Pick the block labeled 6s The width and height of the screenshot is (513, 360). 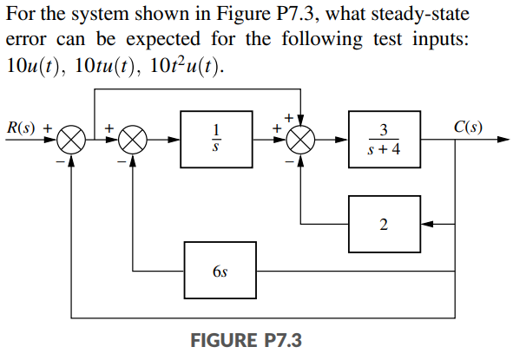coord(218,270)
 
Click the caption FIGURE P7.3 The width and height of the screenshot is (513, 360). coord(246,339)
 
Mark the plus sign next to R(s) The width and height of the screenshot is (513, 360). coord(49,127)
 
